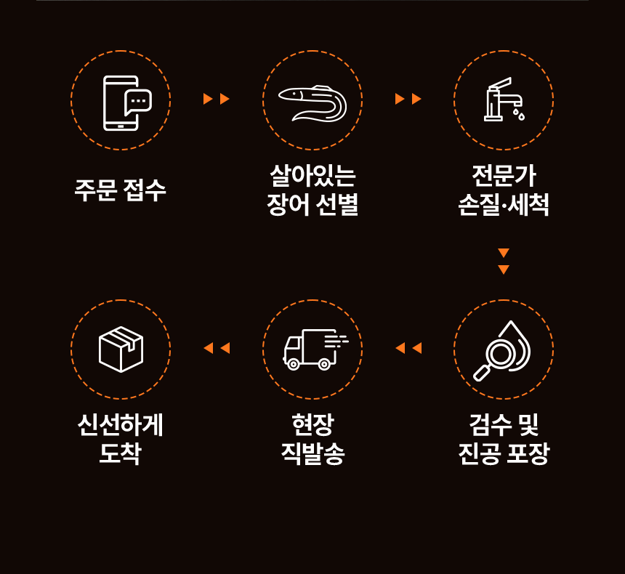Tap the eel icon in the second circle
(312, 102)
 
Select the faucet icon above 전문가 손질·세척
(504, 100)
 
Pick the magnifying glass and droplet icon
(503, 350)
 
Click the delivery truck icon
(312, 349)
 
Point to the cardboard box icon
(121, 349)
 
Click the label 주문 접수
(121, 191)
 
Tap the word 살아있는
(312, 177)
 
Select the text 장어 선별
(312, 206)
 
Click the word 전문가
(504, 177)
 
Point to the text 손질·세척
(504, 206)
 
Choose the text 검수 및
(504, 425)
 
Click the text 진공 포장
(504, 455)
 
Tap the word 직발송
(312, 455)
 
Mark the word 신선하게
(121, 425)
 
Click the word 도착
(121, 455)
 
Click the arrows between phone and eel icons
(217, 99)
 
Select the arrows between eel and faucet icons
(408, 99)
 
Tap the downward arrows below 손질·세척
(504, 261)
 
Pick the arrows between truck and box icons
(217, 348)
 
